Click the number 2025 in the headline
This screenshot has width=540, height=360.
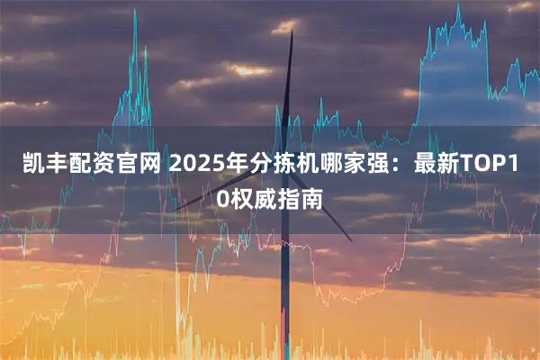(x=193, y=165)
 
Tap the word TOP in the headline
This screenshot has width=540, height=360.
(x=481, y=165)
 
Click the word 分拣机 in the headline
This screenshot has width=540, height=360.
(x=278, y=165)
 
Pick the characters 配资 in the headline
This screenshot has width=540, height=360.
(x=92, y=165)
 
